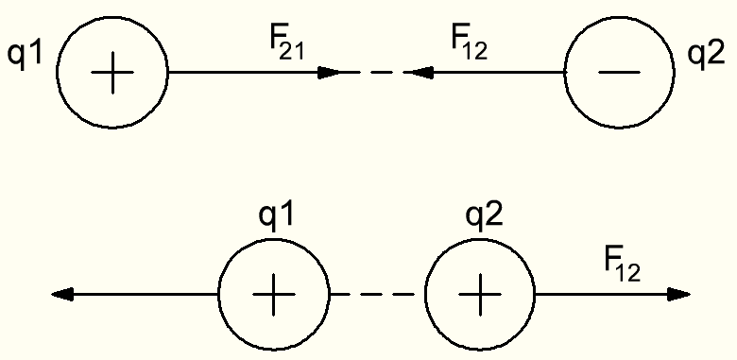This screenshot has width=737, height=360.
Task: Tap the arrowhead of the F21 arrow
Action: coord(329,73)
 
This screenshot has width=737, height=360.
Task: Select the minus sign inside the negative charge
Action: coord(619,73)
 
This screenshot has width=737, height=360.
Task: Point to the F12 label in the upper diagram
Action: coord(469,44)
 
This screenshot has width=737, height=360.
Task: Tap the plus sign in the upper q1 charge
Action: coord(112,73)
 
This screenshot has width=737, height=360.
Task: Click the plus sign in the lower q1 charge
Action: coord(274,295)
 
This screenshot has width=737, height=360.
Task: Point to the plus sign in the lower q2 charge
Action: coord(480,295)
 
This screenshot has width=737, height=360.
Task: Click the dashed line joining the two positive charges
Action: coord(377,295)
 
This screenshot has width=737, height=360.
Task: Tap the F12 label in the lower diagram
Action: coord(623,267)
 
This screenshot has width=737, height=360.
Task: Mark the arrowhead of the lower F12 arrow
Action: coord(678,295)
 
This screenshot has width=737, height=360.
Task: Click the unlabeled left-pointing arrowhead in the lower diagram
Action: coord(62,295)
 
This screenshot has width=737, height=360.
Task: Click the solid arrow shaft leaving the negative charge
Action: coord(498,73)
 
